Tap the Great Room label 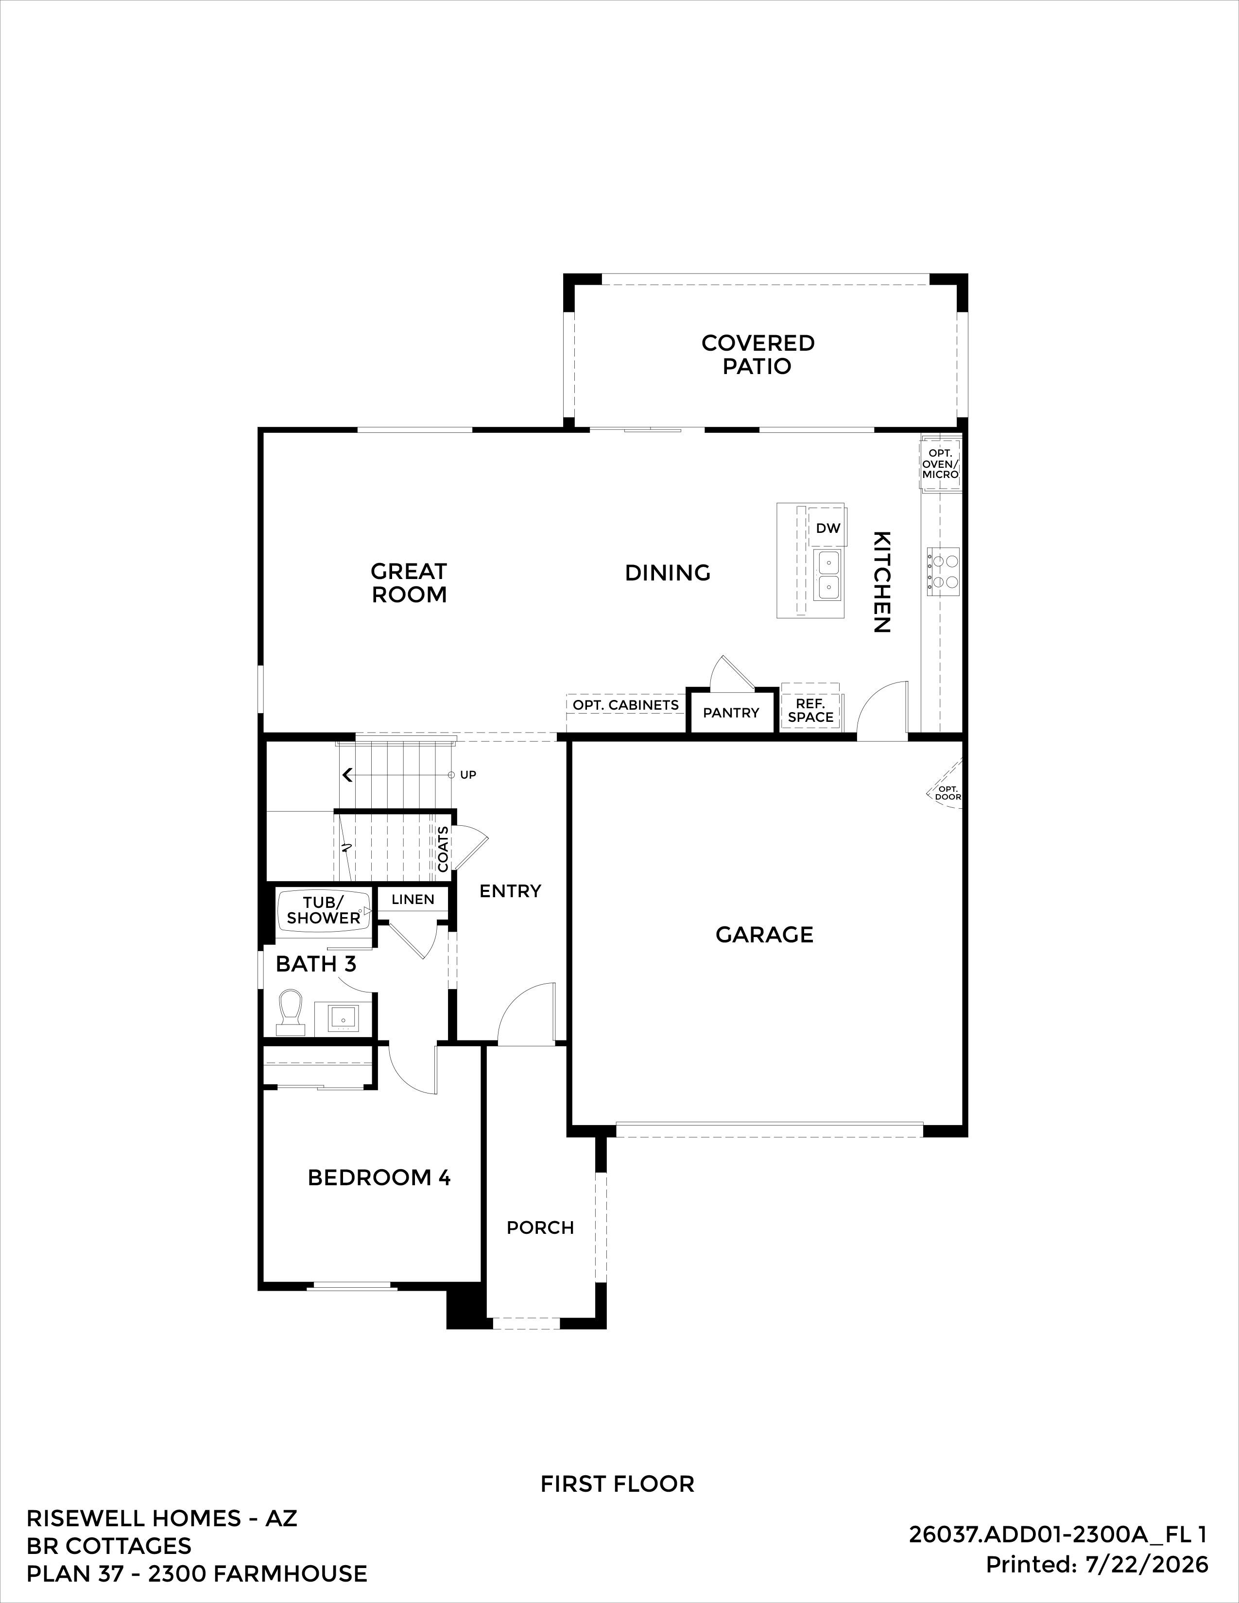(409, 583)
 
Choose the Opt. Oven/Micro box (940, 464)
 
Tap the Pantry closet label (731, 713)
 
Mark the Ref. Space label (810, 711)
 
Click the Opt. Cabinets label (625, 705)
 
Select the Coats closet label (443, 849)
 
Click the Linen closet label (413, 900)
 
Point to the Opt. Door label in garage (947, 793)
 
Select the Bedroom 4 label (379, 1178)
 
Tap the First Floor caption (617, 1484)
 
